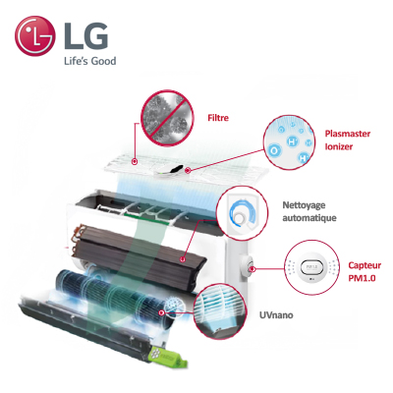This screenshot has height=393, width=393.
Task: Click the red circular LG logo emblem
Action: click(34, 36)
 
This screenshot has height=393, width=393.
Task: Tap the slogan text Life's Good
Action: click(90, 61)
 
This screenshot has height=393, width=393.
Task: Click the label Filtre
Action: click(218, 118)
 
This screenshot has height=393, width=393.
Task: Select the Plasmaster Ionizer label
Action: click(348, 140)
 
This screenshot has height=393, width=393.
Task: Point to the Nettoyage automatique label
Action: click(309, 211)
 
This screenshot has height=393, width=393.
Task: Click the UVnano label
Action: click(276, 315)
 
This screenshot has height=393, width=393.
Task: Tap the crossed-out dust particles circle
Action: click(167, 117)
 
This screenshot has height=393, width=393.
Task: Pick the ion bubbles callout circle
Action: click(289, 141)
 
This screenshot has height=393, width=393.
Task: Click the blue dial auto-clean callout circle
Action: click(242, 212)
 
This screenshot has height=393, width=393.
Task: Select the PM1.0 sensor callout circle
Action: click(312, 267)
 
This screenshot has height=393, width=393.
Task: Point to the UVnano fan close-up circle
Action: click(220, 311)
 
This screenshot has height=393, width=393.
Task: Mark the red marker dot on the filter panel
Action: click(135, 161)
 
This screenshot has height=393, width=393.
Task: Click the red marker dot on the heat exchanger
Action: click(183, 259)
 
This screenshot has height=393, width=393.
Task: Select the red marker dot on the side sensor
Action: click(253, 269)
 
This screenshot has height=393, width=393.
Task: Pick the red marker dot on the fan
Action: click(161, 312)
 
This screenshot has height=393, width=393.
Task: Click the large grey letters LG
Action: click(84, 35)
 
